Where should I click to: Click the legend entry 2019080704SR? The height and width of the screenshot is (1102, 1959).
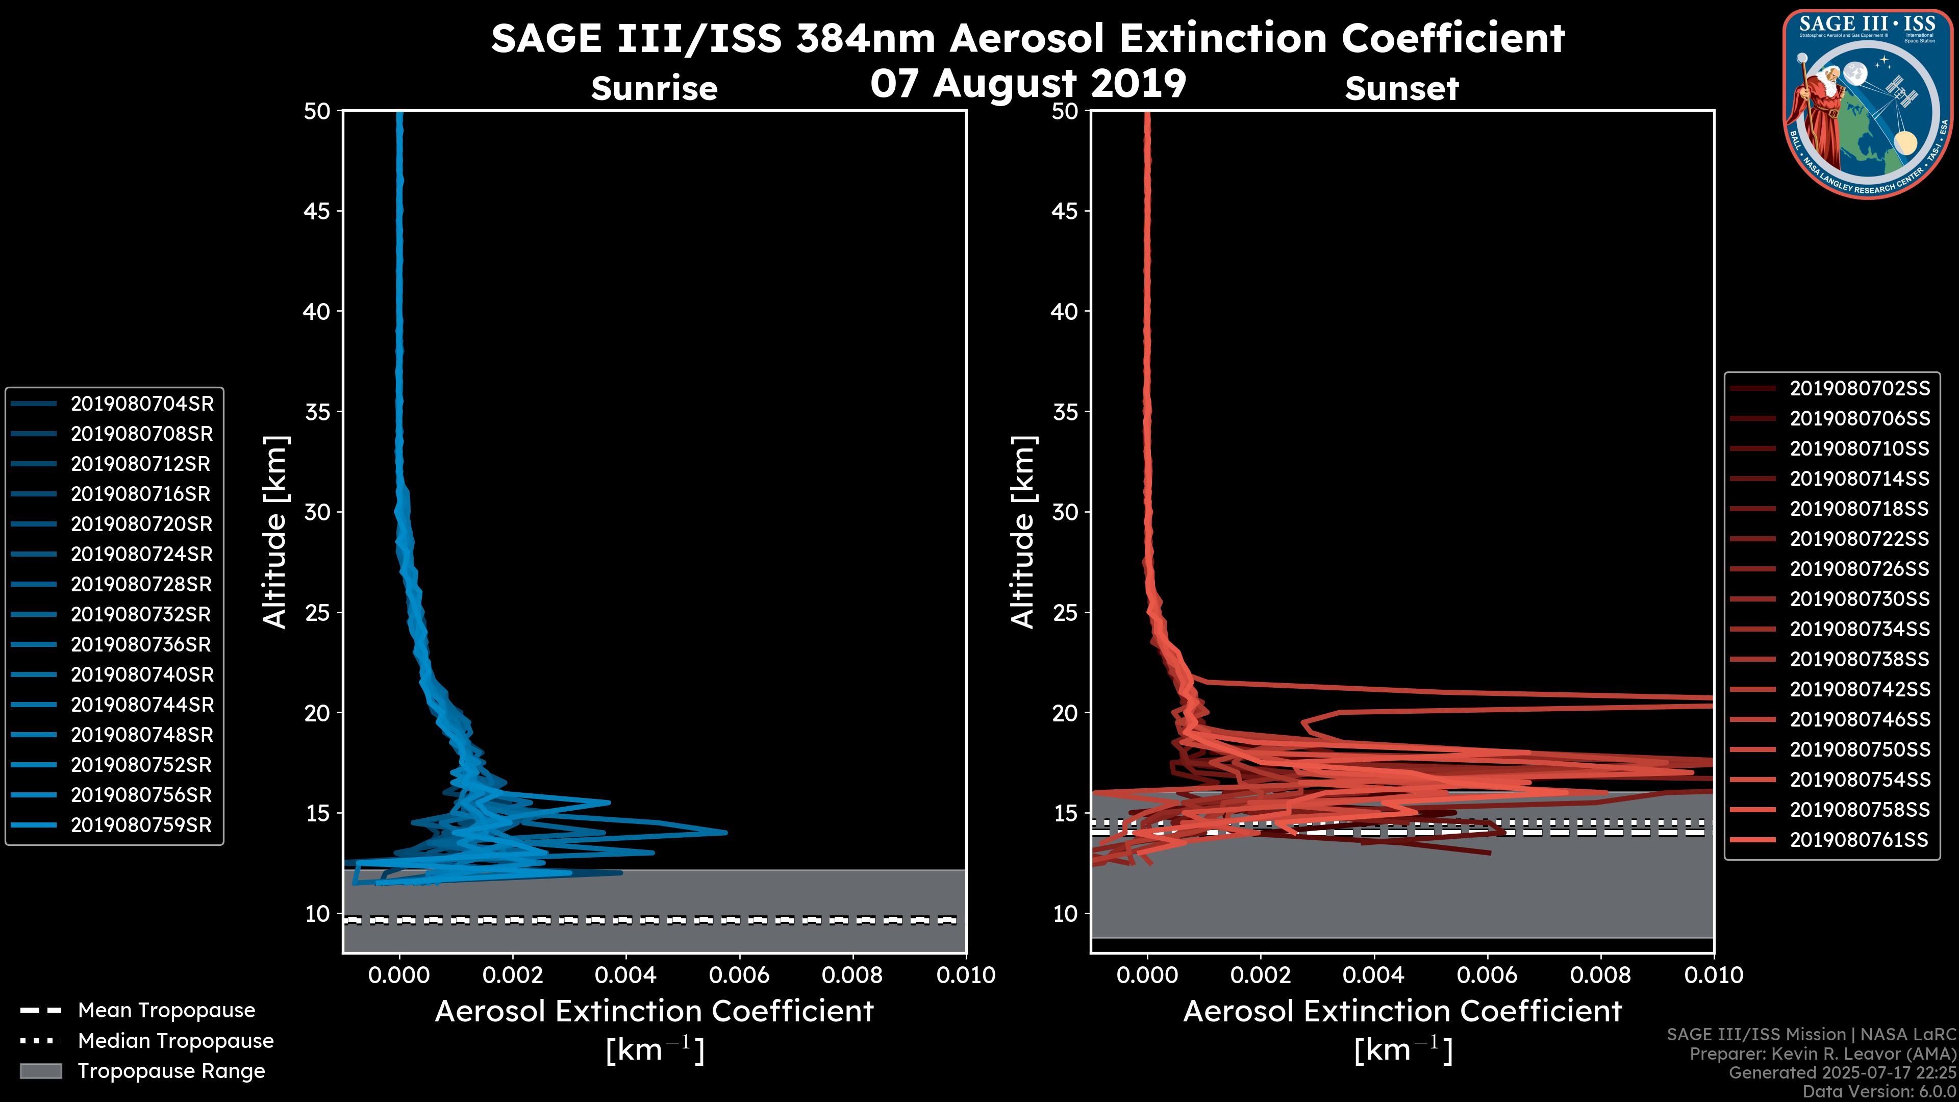coord(141,404)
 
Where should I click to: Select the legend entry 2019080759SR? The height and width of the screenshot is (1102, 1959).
coord(141,825)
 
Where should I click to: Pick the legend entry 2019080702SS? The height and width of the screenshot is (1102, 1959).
coord(1860,389)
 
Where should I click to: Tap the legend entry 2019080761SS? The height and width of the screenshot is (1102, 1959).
coord(1860,840)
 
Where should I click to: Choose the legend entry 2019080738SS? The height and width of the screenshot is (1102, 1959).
coord(1860,659)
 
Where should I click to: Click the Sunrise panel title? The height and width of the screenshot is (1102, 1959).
coord(654,89)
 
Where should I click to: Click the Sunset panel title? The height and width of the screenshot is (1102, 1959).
coord(1401,89)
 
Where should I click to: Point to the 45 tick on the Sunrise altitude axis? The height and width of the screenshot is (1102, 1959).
coord(317,211)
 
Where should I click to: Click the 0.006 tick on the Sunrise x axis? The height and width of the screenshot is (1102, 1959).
coord(738,975)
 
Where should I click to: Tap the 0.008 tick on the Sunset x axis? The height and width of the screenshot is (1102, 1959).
coord(1601,975)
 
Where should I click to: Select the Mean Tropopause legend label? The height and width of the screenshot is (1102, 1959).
coord(166,1011)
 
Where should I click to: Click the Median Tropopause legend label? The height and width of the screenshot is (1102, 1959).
coord(175,1041)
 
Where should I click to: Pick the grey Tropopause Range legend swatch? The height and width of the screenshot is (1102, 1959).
coord(40,1071)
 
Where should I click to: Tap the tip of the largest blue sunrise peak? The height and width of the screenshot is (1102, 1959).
coord(726,832)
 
